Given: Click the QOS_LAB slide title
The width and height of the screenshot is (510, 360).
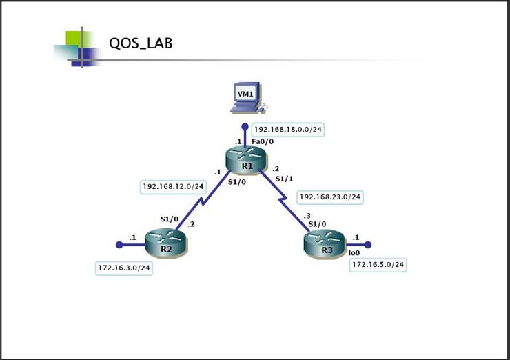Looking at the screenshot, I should click(141, 43).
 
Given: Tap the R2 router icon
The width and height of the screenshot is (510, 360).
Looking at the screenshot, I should click(165, 245).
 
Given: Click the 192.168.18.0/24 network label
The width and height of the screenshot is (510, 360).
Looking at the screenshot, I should click(287, 130).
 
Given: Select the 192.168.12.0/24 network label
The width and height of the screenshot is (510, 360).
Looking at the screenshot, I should click(174, 186).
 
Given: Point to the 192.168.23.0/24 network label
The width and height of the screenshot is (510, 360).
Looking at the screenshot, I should click(330, 197).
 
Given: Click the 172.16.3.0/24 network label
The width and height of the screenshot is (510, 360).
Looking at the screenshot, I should click(124, 268).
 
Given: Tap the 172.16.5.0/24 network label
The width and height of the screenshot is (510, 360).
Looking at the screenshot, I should click(378, 264).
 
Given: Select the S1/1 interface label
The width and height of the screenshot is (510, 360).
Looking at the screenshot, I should click(284, 179).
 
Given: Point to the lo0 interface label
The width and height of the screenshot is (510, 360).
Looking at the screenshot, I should click(354, 253).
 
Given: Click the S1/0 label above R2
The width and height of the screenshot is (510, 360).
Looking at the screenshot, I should click(170, 219).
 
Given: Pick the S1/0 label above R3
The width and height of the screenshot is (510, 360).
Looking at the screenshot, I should click(318, 224).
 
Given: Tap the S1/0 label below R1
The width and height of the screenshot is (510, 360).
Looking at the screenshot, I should click(238, 183).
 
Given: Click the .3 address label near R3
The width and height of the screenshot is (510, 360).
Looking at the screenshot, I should click(307, 216).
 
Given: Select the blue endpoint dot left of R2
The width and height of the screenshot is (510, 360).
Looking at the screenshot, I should click(119, 244).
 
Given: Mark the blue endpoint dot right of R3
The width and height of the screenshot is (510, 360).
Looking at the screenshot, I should click(368, 244).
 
